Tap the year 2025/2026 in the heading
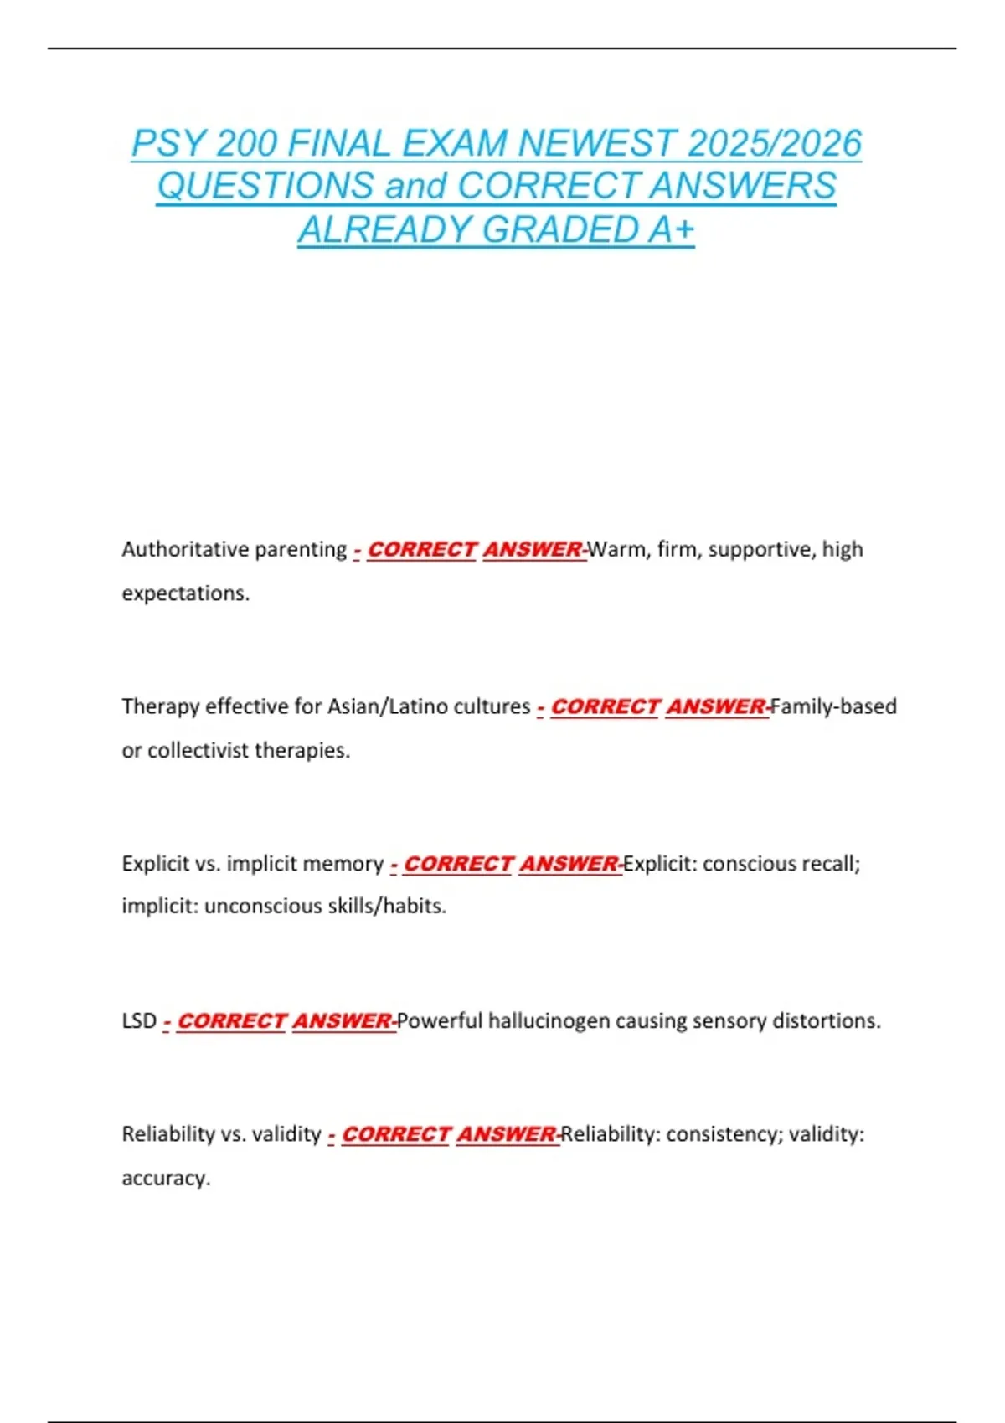tap(775, 143)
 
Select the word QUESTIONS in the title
tap(265, 186)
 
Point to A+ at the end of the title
tap(671, 229)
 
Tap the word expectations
tap(185, 593)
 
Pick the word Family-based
tap(834, 706)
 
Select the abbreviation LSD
tap(139, 1021)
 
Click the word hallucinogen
tap(549, 1021)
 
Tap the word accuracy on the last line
tap(165, 1179)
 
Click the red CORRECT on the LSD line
tap(232, 1021)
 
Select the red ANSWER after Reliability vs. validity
tap(507, 1134)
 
